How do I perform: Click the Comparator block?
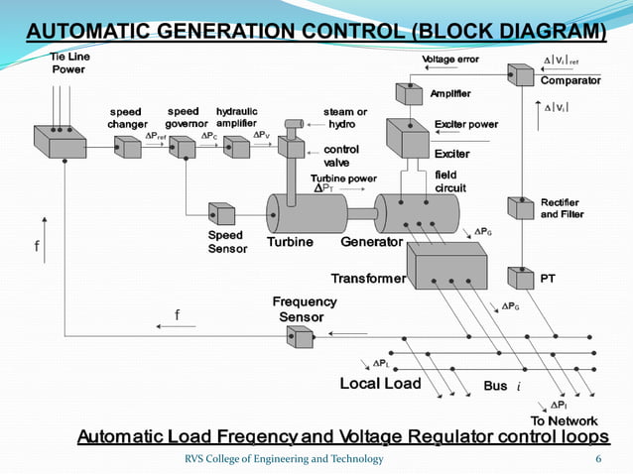coord(520,75)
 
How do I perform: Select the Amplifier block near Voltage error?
coord(409,95)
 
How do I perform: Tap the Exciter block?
coord(406,139)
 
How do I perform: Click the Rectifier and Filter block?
coord(521,208)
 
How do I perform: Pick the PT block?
coord(521,277)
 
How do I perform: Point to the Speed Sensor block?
coord(220,214)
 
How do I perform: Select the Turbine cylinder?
coord(303,213)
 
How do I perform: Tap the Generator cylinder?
coord(416,214)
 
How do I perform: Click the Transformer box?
coord(446,267)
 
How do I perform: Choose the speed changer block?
coord(128,147)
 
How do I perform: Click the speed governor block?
coord(183,147)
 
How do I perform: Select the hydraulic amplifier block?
coord(237,147)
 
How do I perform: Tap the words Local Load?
coord(380,383)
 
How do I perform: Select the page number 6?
coord(597,458)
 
